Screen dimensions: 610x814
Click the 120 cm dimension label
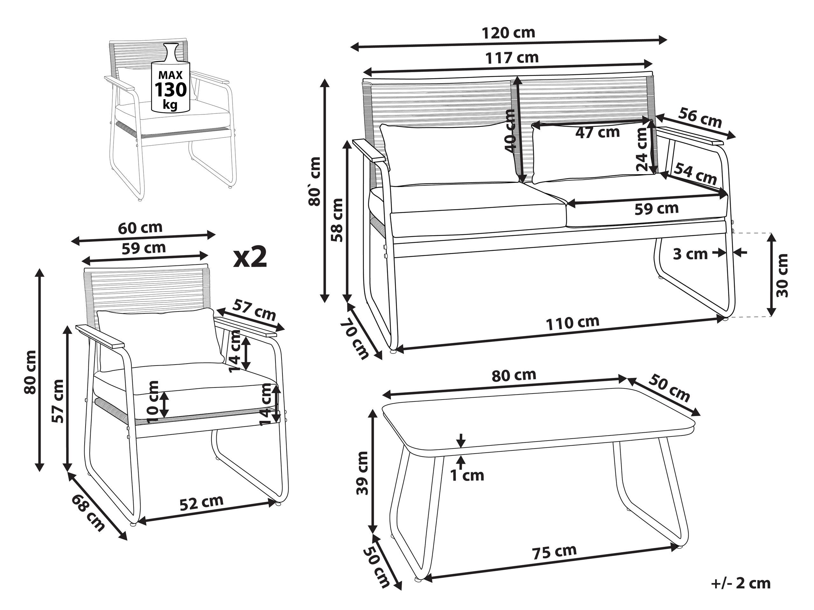pyautogui.click(x=508, y=33)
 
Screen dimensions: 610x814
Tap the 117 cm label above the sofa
pyautogui.click(x=511, y=58)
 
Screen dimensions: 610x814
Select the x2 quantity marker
pyautogui.click(x=250, y=257)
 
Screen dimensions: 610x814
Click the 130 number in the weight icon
pyautogui.click(x=170, y=90)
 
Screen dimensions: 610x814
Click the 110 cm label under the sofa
pyautogui.click(x=572, y=322)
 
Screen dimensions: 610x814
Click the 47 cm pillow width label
pyautogui.click(x=598, y=132)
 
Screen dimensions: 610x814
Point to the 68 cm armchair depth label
pyautogui.click(x=88, y=513)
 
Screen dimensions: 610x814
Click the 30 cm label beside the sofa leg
pyautogui.click(x=782, y=275)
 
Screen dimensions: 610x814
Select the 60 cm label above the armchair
pyautogui.click(x=140, y=228)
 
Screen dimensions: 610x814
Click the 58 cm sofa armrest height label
pyautogui.click(x=337, y=220)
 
